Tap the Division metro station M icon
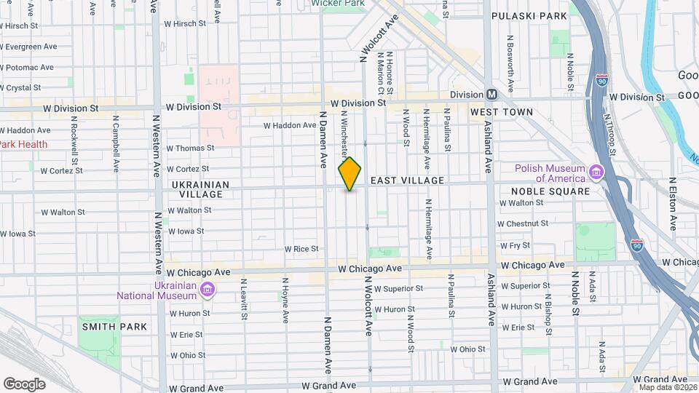(x=491, y=95)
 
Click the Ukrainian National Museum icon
(x=208, y=290)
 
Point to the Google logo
(x=24, y=384)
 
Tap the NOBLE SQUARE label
(x=545, y=191)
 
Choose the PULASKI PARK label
(x=529, y=15)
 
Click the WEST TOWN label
(x=502, y=112)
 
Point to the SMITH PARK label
(x=114, y=327)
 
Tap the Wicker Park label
(x=337, y=4)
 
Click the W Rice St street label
(x=301, y=249)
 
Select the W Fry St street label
(x=515, y=246)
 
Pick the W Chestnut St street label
(x=522, y=223)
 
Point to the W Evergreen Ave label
(x=28, y=47)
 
